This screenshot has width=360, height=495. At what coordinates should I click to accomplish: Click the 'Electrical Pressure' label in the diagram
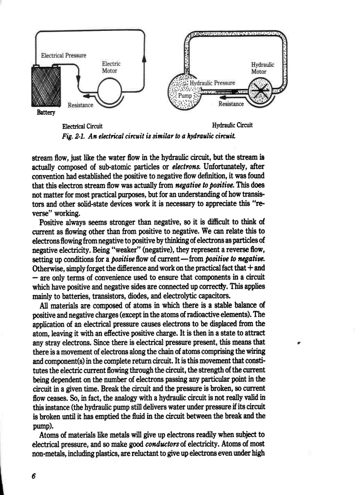tap(64, 56)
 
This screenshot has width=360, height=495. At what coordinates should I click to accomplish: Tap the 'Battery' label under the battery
tap(46, 113)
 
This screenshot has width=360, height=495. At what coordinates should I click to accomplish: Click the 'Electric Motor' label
tap(111, 67)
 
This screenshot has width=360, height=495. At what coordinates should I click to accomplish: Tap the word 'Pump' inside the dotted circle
tap(186, 96)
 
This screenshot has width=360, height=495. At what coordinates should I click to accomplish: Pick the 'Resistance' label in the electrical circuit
tap(80, 105)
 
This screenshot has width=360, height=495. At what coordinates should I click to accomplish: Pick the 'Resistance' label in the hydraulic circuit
tap(231, 104)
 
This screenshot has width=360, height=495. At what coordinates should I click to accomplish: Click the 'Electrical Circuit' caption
tap(82, 126)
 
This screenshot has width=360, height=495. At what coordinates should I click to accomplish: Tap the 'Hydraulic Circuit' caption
tap(232, 125)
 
